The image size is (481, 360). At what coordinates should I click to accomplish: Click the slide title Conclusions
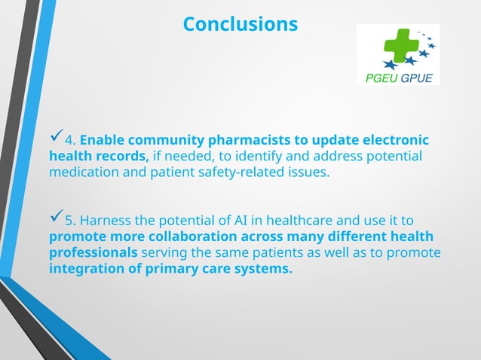[240, 24]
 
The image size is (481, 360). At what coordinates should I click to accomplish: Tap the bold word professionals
[93, 253]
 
